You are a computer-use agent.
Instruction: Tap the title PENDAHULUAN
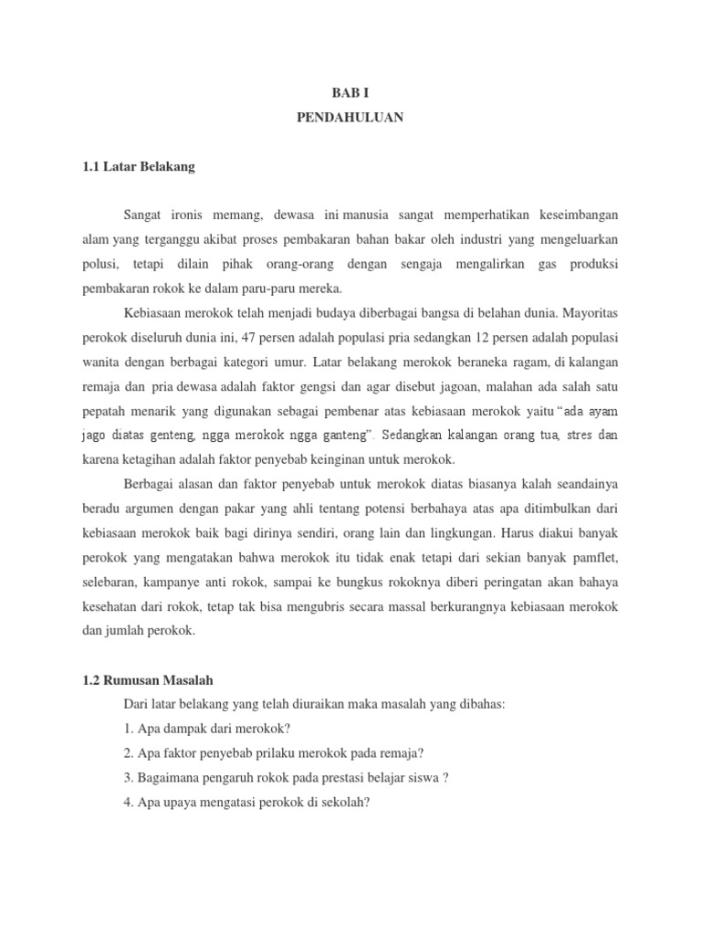[x=350, y=118]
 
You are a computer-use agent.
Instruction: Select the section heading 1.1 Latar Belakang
[x=138, y=167]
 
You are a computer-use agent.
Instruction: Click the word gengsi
[x=301, y=384]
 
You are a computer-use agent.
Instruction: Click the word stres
[x=582, y=434]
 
